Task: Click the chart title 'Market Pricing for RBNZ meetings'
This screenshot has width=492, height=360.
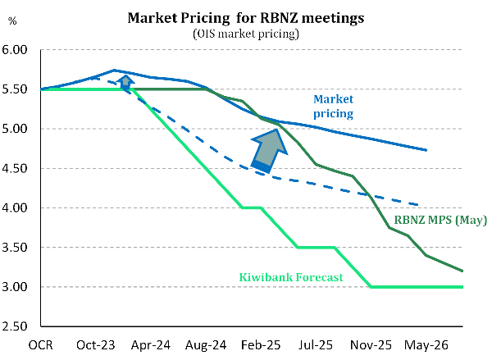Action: coord(246,18)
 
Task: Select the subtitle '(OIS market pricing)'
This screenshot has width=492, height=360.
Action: coord(246,34)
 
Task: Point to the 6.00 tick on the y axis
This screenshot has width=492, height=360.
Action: coord(17,50)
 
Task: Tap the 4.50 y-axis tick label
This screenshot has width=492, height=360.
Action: coord(17,169)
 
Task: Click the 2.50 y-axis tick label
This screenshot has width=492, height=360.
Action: coord(17,327)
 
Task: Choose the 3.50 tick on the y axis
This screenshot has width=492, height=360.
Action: coord(17,248)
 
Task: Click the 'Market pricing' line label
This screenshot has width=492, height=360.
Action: coord(333,106)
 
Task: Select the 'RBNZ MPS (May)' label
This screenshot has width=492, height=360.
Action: coord(441,220)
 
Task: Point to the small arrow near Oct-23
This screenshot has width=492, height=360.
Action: coord(125,81)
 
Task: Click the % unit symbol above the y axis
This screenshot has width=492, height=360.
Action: coord(12,19)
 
